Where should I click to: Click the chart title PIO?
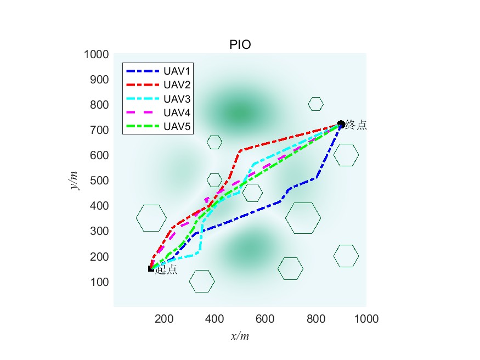(x=240, y=45)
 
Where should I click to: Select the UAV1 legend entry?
(x=176, y=71)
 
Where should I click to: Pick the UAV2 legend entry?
(x=176, y=85)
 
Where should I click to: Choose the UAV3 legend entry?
(x=176, y=99)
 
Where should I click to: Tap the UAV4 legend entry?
(x=176, y=113)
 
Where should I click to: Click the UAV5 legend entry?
(x=176, y=126)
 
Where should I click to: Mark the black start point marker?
(x=151, y=269)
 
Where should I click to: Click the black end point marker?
(x=341, y=124)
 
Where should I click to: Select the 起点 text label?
(x=166, y=270)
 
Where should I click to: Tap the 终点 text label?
(x=356, y=126)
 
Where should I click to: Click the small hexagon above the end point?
(x=315, y=104)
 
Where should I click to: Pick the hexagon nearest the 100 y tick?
(x=202, y=282)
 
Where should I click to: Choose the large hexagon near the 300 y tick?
(x=151, y=218)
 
